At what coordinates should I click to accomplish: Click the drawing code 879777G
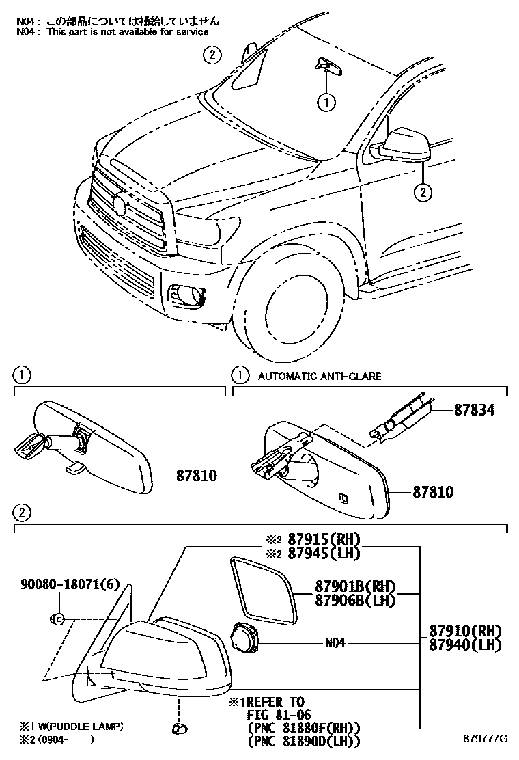(486, 739)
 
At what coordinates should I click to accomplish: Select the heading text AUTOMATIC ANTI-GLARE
(320, 376)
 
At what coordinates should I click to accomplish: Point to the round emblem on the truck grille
(120, 204)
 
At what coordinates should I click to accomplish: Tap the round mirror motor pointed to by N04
(244, 640)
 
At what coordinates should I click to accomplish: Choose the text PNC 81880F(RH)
(304, 727)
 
